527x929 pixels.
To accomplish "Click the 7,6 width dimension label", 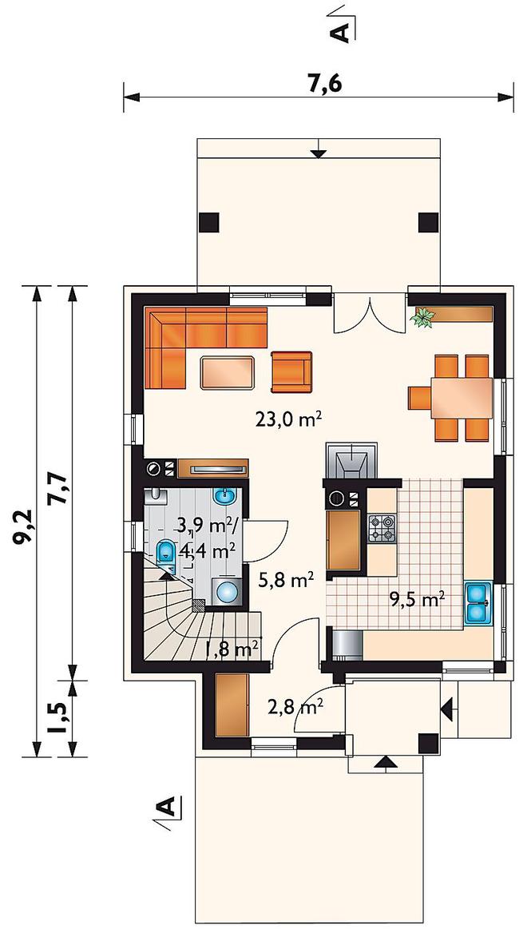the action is point(325,85).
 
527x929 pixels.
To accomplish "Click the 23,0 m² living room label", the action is point(288,419).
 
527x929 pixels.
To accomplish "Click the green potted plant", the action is point(422,317).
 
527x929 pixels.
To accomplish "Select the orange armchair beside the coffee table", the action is point(291,371).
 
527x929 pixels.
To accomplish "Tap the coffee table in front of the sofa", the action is point(228,372).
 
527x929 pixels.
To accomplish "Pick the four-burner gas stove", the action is point(382,529).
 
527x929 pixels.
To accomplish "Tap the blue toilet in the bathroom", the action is point(166,551).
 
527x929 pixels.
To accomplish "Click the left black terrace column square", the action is point(209,221).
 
